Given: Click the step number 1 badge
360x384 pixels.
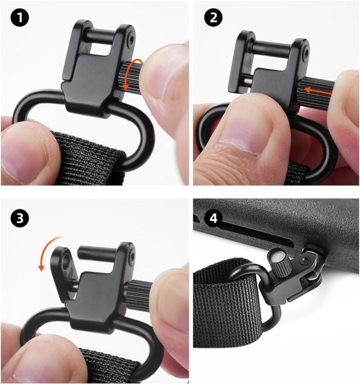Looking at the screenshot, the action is (x=20, y=18).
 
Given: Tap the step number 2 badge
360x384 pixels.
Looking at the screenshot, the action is (x=213, y=18).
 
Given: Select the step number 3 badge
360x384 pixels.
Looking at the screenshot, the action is (x=20, y=218).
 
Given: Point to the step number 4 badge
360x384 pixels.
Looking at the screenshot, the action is (x=213, y=218).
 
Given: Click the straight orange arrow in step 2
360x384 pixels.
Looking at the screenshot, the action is (x=318, y=91).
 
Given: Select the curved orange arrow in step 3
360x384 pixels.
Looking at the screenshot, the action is (x=48, y=252).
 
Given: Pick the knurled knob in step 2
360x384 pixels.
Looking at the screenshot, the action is (x=315, y=92).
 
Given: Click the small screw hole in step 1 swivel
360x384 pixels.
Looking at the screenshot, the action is (x=132, y=39).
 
